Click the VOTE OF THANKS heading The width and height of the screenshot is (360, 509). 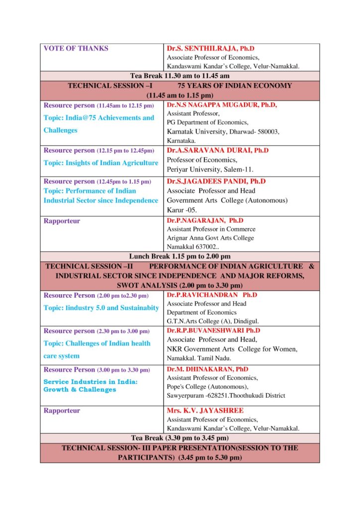pyautogui.click(x=76, y=49)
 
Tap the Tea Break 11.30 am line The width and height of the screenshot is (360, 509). pyautogui.click(x=180, y=76)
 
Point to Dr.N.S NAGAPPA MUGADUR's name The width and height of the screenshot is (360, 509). pyautogui.click(x=222, y=105)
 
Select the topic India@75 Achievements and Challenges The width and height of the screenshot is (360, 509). pyautogui.click(x=99, y=124)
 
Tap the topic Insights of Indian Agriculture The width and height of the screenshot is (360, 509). pyautogui.click(x=101, y=163)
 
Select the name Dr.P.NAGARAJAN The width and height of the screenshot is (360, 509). pyautogui.click(x=205, y=220)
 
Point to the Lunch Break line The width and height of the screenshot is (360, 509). pyautogui.click(x=180, y=256)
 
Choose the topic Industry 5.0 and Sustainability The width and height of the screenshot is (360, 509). pyautogui.click(x=101, y=308)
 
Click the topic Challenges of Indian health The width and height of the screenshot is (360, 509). pyautogui.click(x=97, y=343)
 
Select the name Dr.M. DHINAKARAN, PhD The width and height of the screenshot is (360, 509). pyautogui.click(x=208, y=369)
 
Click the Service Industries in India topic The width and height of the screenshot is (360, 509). pyautogui.click(x=90, y=386)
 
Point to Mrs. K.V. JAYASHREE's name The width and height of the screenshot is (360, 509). pyautogui.click(x=205, y=411)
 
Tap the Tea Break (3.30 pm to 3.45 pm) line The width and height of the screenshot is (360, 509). pyautogui.click(x=180, y=438)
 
